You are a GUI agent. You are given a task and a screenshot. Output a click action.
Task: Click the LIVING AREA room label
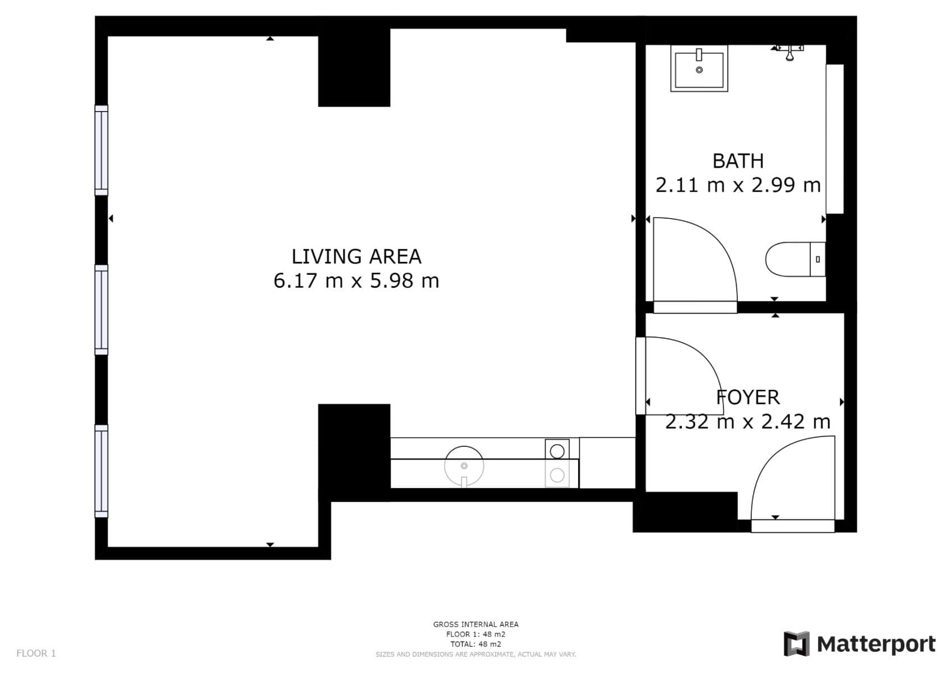click(356, 256)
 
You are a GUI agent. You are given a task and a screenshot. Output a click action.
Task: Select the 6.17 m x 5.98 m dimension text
click(356, 280)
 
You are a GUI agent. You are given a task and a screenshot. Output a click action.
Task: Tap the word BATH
click(738, 161)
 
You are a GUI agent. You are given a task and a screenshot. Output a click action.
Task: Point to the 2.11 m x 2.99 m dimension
click(738, 185)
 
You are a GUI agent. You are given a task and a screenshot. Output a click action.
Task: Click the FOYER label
click(748, 397)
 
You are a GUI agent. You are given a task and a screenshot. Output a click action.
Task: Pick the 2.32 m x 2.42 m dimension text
click(747, 421)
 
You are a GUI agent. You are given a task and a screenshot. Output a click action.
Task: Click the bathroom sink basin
click(699, 69)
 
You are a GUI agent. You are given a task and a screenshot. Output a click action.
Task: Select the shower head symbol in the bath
click(789, 52)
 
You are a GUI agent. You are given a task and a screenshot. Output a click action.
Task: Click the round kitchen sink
click(464, 465)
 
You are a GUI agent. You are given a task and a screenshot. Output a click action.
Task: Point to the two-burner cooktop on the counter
click(557, 463)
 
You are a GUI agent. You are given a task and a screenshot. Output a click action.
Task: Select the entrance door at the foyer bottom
click(792, 526)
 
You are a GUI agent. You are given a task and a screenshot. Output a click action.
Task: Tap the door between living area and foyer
click(640, 376)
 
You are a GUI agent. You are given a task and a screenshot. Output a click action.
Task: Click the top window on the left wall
click(101, 150)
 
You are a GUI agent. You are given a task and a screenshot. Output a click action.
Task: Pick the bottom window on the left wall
click(101, 471)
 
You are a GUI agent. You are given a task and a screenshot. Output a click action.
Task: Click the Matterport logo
click(859, 644)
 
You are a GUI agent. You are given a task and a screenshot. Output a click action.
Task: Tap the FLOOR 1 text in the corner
click(36, 653)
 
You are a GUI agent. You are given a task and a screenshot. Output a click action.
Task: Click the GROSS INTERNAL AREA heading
click(475, 624)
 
